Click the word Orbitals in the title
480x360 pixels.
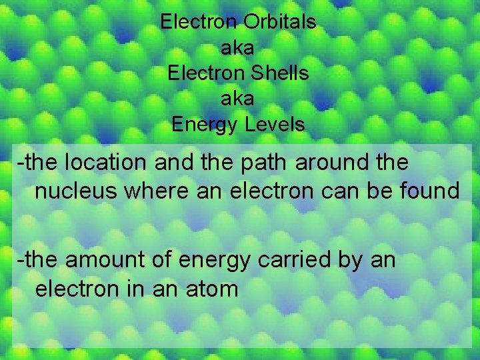coord(279,22)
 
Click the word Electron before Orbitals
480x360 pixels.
coord(199,22)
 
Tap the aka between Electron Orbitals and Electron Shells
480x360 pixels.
coord(237,47)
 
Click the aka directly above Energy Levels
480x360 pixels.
coord(237,99)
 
